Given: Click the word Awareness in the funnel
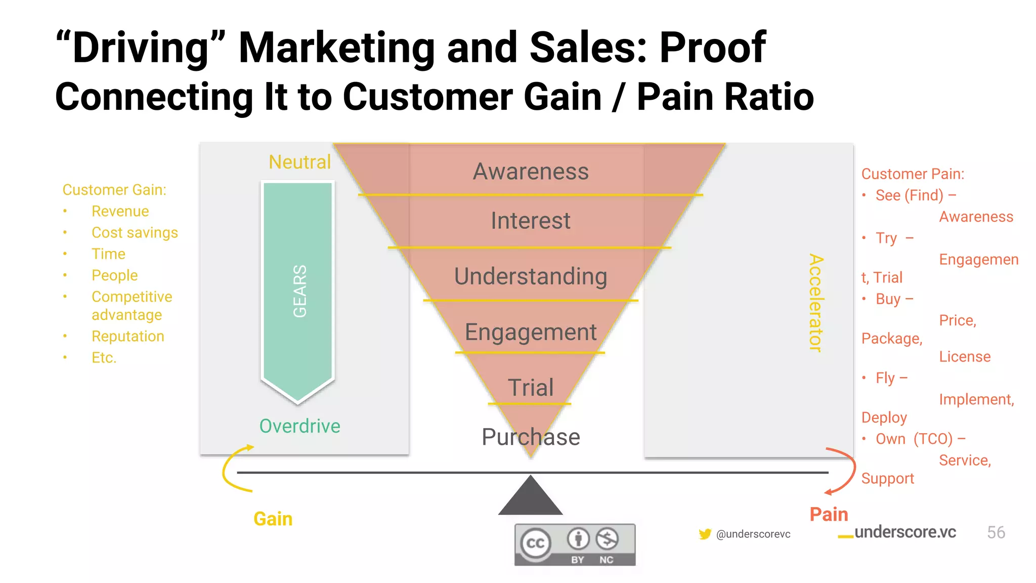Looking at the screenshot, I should coord(531,172).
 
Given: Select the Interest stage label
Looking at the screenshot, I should coord(531,221).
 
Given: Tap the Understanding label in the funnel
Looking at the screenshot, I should coord(531,276).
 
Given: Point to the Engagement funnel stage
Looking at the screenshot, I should coord(531,332).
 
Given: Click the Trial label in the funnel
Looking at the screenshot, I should coord(531,388).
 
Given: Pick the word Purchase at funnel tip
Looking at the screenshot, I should coord(531,437).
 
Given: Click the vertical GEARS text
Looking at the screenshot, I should coord(299,291).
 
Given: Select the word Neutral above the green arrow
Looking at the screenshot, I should coord(299,162).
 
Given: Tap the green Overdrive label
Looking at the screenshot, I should coord(299,426).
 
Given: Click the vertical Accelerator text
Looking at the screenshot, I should coord(815,302).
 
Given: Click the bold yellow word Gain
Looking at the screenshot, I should coord(273,519).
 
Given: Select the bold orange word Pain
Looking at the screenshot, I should coord(829,514).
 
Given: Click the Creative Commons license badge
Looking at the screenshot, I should coord(575,545).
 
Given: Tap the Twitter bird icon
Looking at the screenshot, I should coord(705,534).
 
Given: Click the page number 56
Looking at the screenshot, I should coord(996,532).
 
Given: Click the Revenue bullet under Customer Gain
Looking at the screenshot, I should coord(120,211).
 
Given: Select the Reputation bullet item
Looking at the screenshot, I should coord(127,336).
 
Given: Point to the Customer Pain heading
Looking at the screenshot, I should coord(913,174).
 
